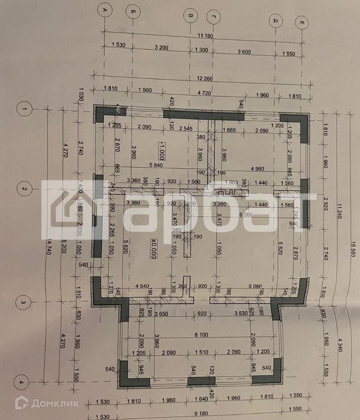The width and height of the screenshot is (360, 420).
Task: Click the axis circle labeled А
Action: coord(105,10)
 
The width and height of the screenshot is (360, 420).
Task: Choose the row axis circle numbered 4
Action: coord(21,382)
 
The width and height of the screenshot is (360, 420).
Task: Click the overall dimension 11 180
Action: coord(206,36)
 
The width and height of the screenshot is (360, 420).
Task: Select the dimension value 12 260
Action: coord(205,79)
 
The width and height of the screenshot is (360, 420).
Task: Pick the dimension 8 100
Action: coord(201,334)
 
